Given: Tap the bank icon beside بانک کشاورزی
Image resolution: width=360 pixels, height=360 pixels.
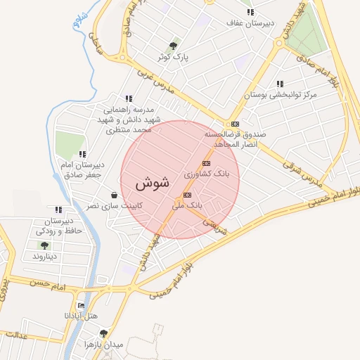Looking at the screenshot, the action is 205,163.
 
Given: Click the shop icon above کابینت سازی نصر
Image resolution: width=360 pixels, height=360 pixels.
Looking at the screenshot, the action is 114,195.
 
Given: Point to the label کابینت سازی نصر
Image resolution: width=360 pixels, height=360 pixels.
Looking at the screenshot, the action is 114,206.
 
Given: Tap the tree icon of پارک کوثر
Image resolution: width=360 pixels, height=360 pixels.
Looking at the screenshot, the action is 173,46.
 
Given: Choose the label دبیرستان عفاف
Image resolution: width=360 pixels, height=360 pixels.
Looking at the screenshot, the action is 250,23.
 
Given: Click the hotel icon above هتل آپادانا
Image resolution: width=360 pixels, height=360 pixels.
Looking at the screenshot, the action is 82,305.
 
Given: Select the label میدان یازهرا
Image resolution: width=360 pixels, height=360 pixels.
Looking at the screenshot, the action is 103,345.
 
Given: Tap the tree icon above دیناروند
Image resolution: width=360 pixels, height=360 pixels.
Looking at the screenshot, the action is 44,245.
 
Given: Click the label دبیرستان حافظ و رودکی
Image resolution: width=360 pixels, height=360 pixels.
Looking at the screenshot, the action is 59,226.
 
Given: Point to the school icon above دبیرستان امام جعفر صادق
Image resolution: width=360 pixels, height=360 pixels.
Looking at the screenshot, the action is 82,154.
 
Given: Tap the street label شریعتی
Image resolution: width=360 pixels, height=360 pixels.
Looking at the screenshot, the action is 216,224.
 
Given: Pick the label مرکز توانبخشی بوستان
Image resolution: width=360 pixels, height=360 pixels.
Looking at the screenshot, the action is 281,94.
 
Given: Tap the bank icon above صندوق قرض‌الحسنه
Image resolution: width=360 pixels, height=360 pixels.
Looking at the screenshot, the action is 236,123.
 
